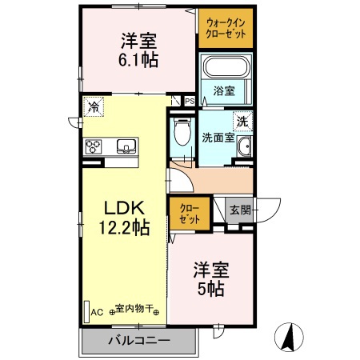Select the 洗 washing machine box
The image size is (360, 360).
click(241, 122)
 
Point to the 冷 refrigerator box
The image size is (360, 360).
click(94, 106)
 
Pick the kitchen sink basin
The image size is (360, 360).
click(127, 146)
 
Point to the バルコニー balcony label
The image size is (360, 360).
click(138, 341)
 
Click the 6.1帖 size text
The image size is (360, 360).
click(138, 59)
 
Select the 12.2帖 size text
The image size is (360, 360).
click(124, 228)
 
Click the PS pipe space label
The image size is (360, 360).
click(190, 102)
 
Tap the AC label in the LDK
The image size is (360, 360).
click(98, 312)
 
